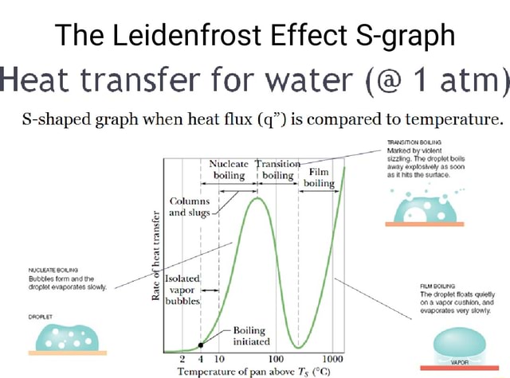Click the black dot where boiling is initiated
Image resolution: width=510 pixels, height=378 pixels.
[x=201, y=345]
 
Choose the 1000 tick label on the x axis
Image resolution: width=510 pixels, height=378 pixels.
[x=333, y=359]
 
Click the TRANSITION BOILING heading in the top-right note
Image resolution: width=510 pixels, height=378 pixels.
[x=406, y=146]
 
